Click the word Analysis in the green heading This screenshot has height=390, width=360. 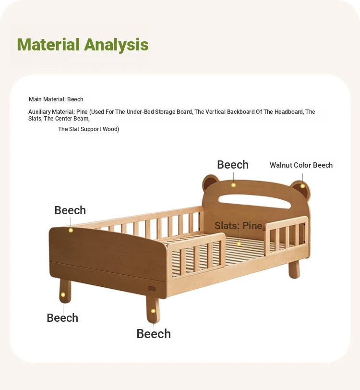116,45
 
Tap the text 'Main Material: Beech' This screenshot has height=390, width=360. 56,99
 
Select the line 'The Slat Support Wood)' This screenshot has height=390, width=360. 88,129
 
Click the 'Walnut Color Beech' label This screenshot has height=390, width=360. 301,165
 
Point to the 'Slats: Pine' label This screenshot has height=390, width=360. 238,226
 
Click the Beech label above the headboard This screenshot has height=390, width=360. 233,165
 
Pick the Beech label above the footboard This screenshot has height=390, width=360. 70,210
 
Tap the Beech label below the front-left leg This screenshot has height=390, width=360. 62,318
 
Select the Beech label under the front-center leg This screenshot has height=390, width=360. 154,334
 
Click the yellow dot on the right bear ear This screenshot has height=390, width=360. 302,186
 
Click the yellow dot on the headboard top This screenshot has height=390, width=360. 233,185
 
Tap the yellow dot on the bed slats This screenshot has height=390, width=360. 239,244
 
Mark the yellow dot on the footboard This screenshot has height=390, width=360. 71,231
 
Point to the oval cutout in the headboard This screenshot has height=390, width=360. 254,201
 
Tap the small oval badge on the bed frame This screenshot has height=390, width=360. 152,289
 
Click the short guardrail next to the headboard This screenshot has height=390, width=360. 287,234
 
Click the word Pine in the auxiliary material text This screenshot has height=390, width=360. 82,112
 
